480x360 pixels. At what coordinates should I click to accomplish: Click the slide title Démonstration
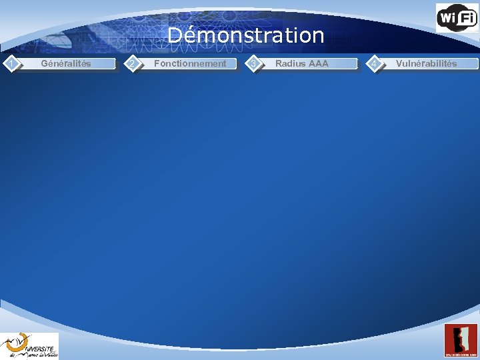(x=245, y=35)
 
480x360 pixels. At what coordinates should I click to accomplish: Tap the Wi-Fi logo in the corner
(x=457, y=17)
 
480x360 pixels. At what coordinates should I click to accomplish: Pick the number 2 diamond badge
(x=133, y=63)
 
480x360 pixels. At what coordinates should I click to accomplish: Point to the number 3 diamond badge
(x=253, y=63)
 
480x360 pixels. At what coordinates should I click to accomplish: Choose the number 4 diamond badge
(x=376, y=63)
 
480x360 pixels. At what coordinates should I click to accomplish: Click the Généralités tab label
(x=66, y=64)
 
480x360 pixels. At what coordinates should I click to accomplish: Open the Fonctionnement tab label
(x=190, y=64)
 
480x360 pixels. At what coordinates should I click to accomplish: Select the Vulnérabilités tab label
(x=427, y=64)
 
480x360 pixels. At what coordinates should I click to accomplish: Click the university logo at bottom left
(x=29, y=346)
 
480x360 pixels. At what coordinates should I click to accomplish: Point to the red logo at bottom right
(x=461, y=340)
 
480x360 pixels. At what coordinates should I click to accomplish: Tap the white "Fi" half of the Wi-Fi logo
(x=467, y=18)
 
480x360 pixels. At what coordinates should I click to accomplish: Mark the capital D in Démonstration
(x=175, y=35)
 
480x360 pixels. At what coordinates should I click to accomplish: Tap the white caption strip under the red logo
(x=461, y=353)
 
